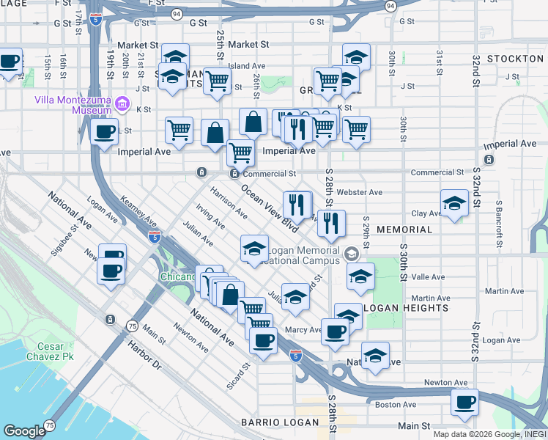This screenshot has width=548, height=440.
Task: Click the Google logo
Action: point(24,431)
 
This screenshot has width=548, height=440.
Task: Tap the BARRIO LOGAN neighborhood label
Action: point(279,422)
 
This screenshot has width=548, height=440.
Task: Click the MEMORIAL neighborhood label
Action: point(404,230)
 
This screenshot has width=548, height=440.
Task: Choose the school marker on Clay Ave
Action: point(454,203)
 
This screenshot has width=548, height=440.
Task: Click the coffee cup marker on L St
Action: point(103,131)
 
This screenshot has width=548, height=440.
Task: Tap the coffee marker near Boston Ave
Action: point(464,401)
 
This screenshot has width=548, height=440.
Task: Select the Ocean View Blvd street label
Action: point(270,208)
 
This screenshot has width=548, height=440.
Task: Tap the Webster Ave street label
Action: point(364,192)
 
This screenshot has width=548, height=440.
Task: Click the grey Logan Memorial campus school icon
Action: point(351,254)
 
